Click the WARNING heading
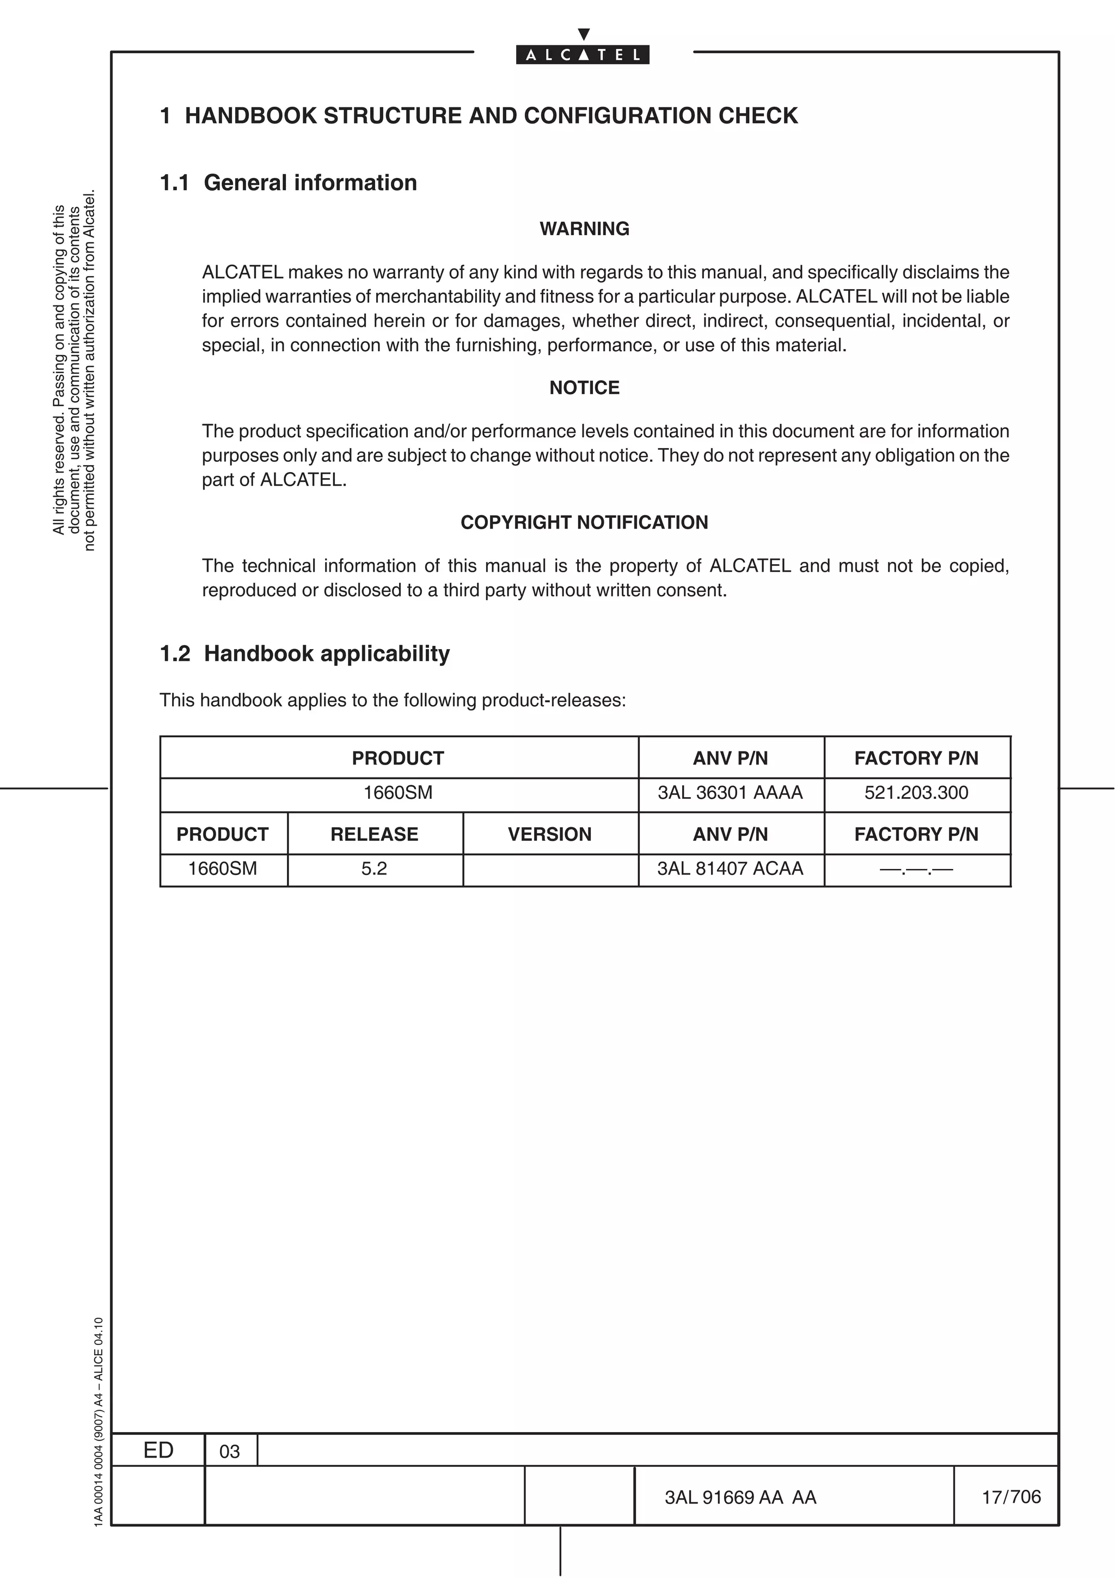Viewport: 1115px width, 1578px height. [x=584, y=229]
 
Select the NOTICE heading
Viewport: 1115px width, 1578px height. [x=584, y=388]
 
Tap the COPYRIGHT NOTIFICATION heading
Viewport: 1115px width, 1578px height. [x=584, y=522]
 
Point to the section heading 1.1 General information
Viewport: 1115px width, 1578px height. [x=288, y=183]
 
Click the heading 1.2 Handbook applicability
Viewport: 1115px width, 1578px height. [x=304, y=653]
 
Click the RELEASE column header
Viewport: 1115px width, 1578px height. [x=375, y=834]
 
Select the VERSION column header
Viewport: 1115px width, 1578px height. [x=549, y=834]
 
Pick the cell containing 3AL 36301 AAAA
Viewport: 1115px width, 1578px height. [x=730, y=792]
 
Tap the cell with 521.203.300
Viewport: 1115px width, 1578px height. [x=916, y=792]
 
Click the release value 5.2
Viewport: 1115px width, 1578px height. [x=375, y=868]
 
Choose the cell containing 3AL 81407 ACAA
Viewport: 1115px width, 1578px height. [x=730, y=868]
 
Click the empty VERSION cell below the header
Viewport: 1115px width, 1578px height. [x=549, y=870]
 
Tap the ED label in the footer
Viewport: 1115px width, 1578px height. [x=158, y=1450]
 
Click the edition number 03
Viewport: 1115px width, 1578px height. [x=229, y=1452]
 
